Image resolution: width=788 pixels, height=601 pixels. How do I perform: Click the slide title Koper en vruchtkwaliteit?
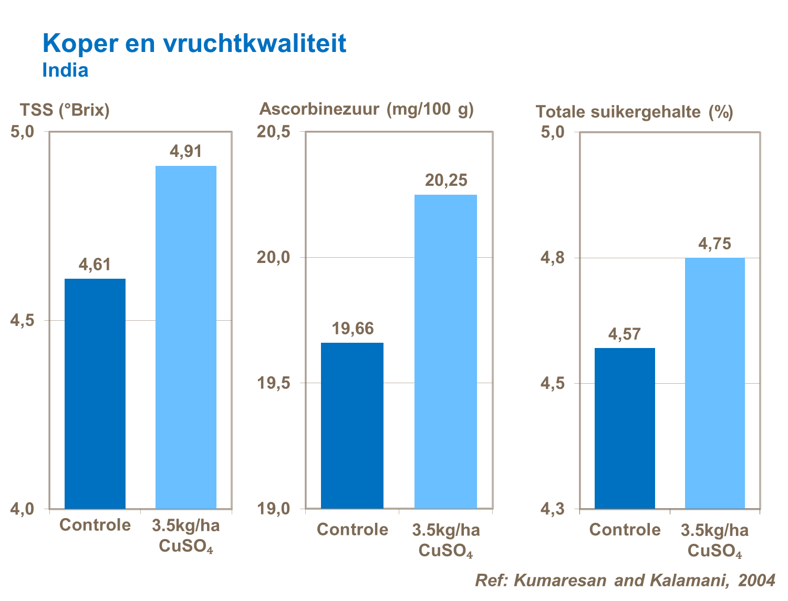click(x=194, y=43)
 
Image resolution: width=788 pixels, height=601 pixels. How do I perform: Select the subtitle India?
click(x=65, y=70)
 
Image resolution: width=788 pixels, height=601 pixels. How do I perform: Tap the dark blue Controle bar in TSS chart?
click(x=95, y=394)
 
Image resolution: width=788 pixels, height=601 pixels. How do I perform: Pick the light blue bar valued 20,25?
click(x=445, y=352)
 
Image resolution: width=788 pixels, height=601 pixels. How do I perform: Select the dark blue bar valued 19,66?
click(x=352, y=426)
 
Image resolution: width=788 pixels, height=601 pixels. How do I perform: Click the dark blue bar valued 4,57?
click(x=625, y=428)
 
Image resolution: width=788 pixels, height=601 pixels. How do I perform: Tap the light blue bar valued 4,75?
click(x=714, y=383)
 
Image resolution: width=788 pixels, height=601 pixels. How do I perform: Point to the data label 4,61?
click(x=95, y=265)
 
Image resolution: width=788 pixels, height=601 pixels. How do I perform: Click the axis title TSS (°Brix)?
click(x=65, y=110)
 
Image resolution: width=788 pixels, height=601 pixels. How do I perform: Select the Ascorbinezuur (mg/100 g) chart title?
click(x=366, y=109)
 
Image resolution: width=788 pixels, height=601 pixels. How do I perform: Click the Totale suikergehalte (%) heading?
click(x=634, y=112)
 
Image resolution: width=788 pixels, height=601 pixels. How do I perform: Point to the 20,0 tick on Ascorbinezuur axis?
click(x=273, y=257)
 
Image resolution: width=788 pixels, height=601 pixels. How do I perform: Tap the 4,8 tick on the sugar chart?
click(x=553, y=258)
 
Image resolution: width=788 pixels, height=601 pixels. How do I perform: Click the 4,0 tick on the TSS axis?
click(x=22, y=509)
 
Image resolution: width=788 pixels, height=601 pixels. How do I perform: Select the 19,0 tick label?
click(x=273, y=509)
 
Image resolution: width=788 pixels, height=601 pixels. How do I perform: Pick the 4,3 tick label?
click(x=553, y=509)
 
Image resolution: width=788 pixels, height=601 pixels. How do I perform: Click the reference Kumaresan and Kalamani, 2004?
click(x=625, y=580)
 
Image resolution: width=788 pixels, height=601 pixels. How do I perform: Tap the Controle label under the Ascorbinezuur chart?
click(x=352, y=529)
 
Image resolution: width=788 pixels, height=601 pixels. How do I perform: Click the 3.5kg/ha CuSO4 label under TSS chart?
click(x=186, y=535)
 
